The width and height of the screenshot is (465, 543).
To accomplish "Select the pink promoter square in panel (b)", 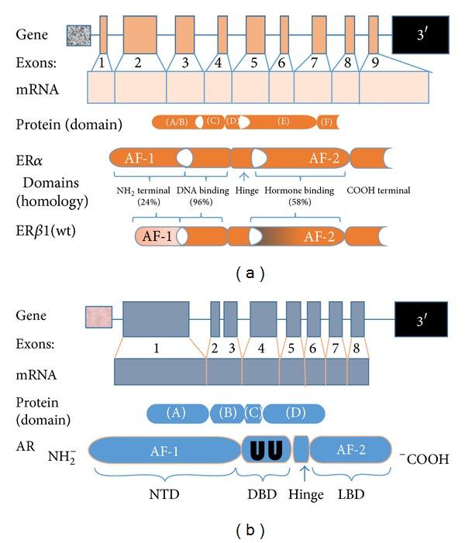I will point(98,316).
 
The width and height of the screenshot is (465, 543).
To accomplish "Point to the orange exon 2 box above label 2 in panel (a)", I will point(136,34).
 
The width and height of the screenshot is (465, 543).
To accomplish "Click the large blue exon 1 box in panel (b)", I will point(156,316).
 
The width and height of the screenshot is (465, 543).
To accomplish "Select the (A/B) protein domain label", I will point(177,122).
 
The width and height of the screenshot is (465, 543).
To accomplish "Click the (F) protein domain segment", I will point(329,122).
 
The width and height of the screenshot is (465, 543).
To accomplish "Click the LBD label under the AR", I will point(350,492).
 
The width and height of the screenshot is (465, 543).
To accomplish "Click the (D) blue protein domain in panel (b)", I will point(295,413).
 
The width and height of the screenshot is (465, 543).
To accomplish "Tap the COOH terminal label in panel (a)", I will point(379,191).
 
